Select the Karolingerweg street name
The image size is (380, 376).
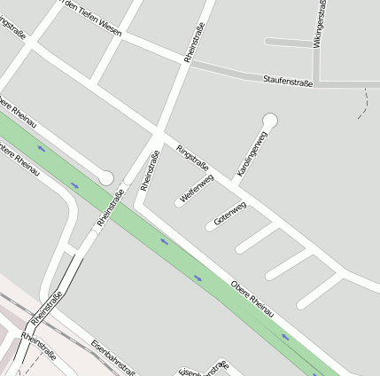point(252,153)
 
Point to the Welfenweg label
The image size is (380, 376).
point(197,190)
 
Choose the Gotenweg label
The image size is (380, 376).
point(230,214)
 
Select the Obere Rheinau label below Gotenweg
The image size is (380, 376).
point(252,294)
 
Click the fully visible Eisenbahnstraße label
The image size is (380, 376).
point(113,356)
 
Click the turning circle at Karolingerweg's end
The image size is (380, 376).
point(270,120)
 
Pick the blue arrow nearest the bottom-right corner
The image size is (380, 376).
point(285,337)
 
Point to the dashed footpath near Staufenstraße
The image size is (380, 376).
point(363,105)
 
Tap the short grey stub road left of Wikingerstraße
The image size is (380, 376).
point(288,43)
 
